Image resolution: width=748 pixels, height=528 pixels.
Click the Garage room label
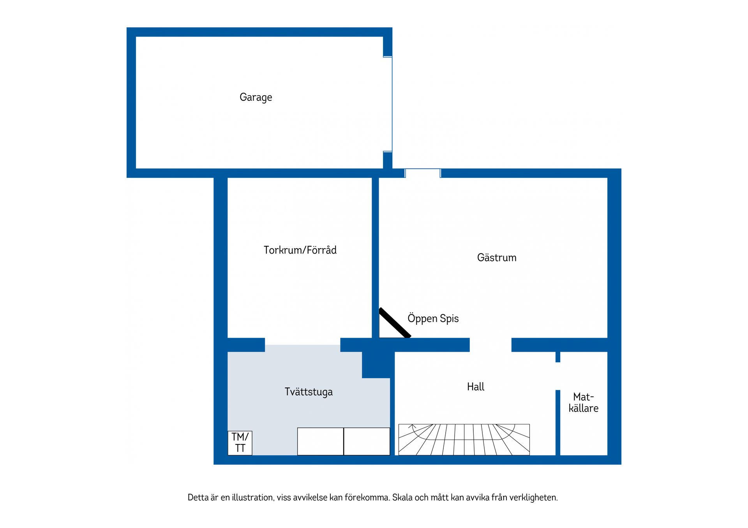[x=256, y=97]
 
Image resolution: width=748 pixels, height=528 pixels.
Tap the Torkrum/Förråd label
[x=300, y=250]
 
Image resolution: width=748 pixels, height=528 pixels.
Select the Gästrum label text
[x=497, y=258]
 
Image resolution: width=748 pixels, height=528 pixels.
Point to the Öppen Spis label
[x=433, y=318]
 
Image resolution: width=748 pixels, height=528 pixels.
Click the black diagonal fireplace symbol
[x=395, y=323]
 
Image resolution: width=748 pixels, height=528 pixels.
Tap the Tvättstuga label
[x=309, y=392]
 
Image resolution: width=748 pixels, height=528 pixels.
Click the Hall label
[x=475, y=387]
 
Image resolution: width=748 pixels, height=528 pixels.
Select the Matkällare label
[x=583, y=402]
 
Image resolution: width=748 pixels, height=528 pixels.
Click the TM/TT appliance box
[x=240, y=443]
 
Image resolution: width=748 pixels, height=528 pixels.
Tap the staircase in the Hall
[x=464, y=440]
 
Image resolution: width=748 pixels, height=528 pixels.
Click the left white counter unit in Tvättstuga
[x=320, y=442]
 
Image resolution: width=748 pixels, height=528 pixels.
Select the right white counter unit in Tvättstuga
[x=367, y=442]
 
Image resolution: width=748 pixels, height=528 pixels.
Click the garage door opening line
[x=392, y=104]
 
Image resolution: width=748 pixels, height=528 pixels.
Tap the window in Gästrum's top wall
[x=423, y=173]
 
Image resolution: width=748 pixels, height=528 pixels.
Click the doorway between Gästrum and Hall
[x=490, y=345]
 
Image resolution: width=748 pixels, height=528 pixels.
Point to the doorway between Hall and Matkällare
[x=558, y=376]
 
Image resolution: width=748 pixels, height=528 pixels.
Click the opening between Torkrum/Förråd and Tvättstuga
[x=303, y=345]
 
